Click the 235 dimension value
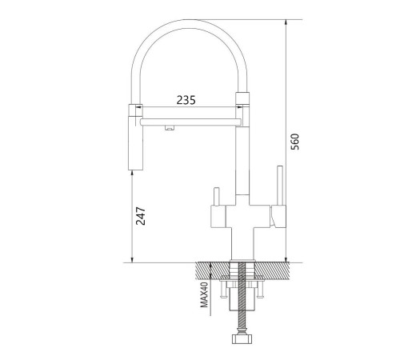(x=186, y=100)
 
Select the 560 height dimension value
(x=294, y=142)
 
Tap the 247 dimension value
(x=141, y=216)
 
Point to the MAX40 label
(x=204, y=295)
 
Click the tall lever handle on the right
(x=280, y=186)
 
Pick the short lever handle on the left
(x=216, y=197)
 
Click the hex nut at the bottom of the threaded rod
(x=242, y=339)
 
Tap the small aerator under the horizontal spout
(x=170, y=127)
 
